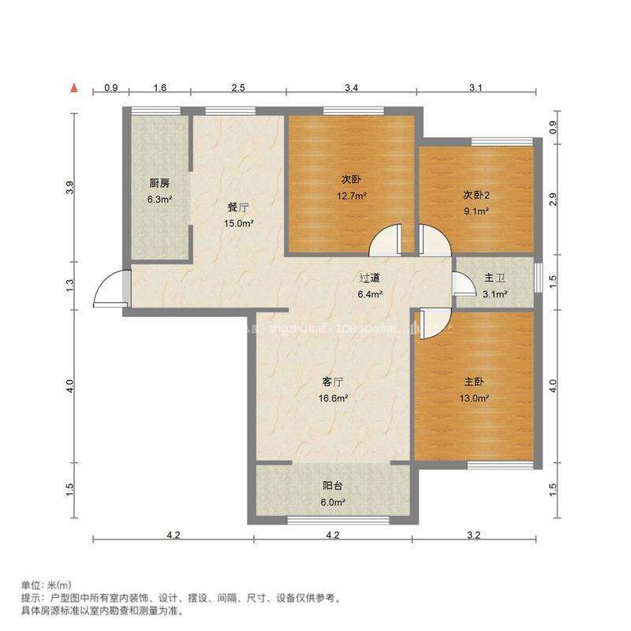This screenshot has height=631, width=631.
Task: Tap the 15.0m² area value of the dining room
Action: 238,224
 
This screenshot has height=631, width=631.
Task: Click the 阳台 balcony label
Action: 333,487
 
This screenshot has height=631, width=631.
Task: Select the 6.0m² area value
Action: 333,502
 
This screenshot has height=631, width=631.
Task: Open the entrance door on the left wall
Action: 110,289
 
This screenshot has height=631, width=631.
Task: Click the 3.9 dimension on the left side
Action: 70,189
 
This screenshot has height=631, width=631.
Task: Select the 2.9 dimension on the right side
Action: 554,200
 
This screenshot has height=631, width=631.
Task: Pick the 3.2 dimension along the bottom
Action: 473,536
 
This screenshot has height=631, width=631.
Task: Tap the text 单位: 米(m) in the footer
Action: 46,585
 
